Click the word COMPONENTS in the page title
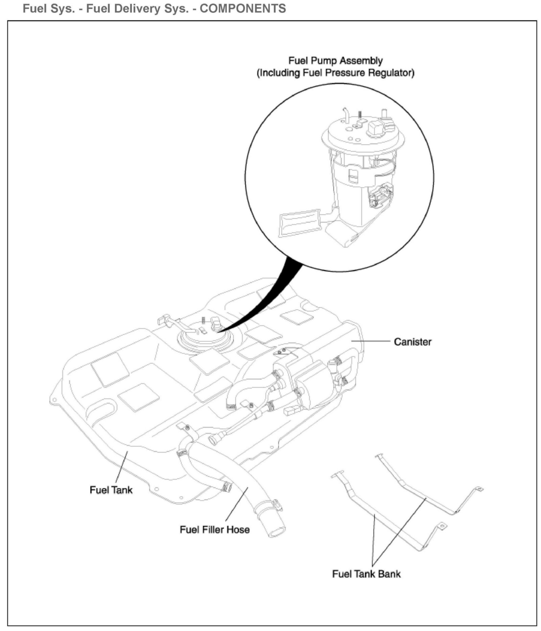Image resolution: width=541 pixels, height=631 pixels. (242, 8)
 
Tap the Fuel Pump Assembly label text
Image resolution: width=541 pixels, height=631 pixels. (335, 61)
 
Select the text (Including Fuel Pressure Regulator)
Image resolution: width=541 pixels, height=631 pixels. (335, 73)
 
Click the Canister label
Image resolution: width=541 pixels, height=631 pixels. (413, 342)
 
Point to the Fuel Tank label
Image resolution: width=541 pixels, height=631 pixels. (111, 490)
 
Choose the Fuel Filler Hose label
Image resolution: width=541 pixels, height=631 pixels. (215, 530)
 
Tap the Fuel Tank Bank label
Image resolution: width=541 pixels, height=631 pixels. (366, 574)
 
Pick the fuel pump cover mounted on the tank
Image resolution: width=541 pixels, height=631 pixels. (205, 336)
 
